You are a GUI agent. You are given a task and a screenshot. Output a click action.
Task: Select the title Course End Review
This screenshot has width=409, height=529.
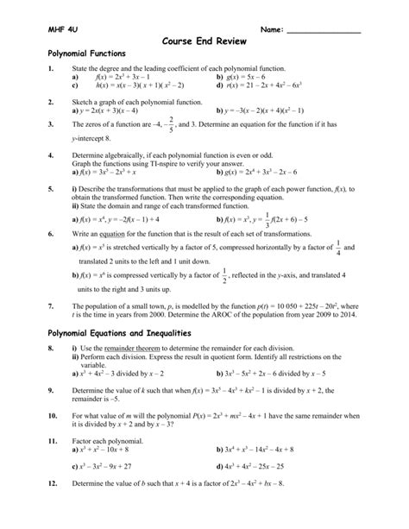pos(204,41)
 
